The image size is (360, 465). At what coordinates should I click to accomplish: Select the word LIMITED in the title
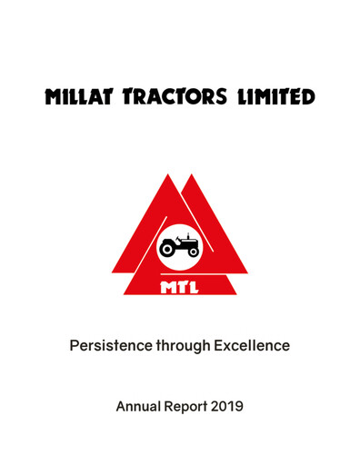click(x=280, y=96)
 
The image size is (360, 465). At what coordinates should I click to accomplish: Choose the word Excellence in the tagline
click(x=260, y=345)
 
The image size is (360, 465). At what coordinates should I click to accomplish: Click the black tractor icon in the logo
click(x=179, y=245)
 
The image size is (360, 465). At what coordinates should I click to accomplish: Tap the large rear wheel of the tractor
click(x=170, y=250)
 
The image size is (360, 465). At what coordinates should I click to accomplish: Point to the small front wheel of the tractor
click(x=192, y=252)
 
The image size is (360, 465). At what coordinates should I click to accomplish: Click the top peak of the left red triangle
click(x=167, y=176)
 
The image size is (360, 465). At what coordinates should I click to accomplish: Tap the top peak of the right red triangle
click(x=194, y=176)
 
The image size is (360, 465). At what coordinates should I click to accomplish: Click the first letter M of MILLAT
click(x=55, y=96)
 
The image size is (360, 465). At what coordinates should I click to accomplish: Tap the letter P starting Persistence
click(x=76, y=345)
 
